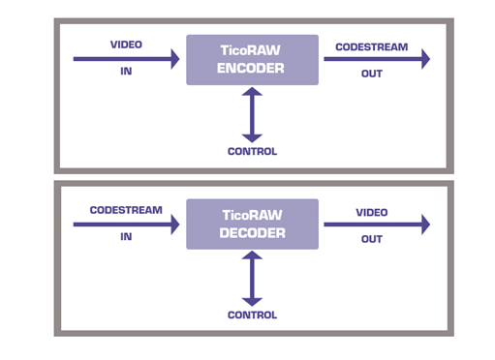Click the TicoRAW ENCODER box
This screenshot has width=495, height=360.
[x=252, y=60]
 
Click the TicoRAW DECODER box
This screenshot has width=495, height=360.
[x=252, y=225]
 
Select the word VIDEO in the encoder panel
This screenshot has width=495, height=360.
[x=126, y=45]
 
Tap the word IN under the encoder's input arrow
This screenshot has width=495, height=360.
[x=126, y=73]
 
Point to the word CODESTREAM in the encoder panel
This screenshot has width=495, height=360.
[x=372, y=45]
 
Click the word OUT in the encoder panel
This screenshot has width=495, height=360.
[x=372, y=74]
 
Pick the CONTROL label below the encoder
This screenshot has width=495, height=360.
[x=252, y=151]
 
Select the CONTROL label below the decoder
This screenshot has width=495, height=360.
[x=252, y=315]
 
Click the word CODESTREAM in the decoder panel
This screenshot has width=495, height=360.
[x=126, y=210]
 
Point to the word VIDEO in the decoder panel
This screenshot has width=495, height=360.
[x=372, y=212]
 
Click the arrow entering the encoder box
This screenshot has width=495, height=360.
[x=126, y=59]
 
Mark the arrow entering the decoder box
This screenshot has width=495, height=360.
[x=126, y=225]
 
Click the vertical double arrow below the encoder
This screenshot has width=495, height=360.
[x=252, y=114]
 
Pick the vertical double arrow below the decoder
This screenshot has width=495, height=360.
[x=252, y=279]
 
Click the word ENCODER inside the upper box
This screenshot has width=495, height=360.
[x=252, y=69]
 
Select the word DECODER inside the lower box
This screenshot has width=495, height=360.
[x=252, y=233]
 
